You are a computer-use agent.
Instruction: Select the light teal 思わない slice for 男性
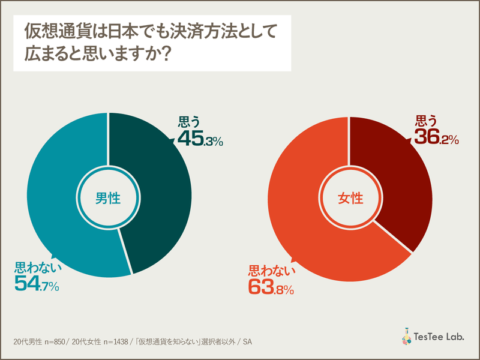pos(54,198)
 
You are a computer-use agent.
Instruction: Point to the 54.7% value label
pos(37,286)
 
